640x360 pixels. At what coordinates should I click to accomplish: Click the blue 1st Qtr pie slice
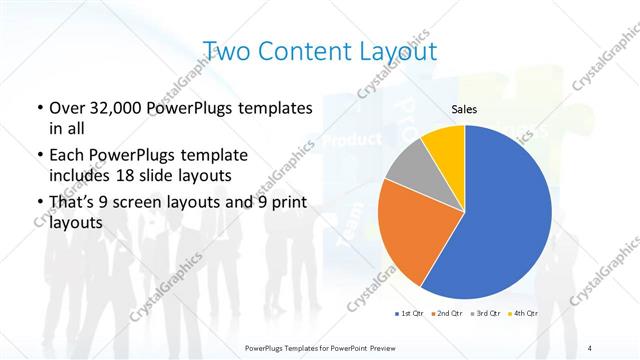pos(505,220)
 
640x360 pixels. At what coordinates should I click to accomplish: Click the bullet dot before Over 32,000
pos(38,108)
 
